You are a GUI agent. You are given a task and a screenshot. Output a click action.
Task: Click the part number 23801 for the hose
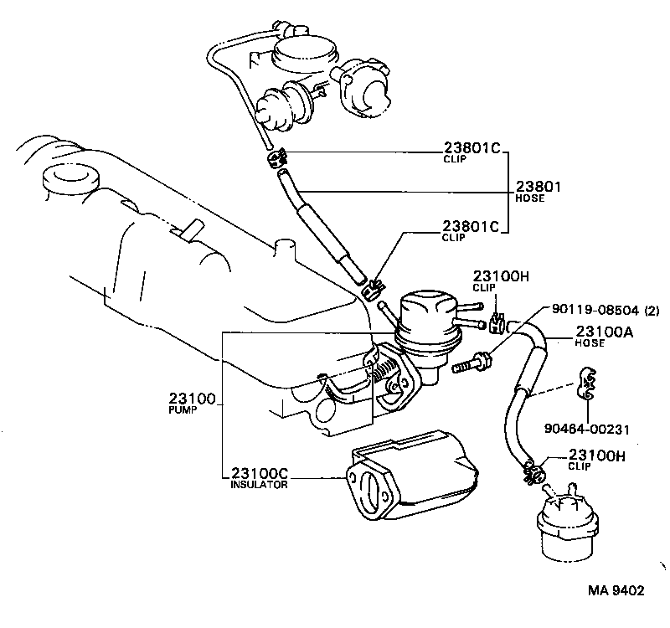click(x=539, y=187)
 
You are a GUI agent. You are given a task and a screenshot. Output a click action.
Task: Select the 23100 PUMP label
click(x=192, y=403)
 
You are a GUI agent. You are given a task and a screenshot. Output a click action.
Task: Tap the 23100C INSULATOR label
click(x=260, y=478)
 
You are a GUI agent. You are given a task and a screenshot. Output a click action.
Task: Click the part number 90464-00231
click(x=586, y=429)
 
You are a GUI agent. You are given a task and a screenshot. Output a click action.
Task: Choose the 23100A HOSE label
click(x=604, y=337)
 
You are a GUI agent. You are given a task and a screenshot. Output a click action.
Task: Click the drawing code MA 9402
click(x=616, y=590)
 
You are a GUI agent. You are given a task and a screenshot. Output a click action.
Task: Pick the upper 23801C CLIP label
click(x=472, y=152)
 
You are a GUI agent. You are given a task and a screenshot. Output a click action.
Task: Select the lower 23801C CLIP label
click(x=471, y=231)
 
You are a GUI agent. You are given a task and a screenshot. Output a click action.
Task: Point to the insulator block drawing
click(x=410, y=476)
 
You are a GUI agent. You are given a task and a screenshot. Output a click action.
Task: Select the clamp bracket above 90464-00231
click(x=586, y=383)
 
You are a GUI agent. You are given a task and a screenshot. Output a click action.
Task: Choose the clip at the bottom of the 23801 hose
click(x=372, y=288)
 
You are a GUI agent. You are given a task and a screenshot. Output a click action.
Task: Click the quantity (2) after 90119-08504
click(x=652, y=309)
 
